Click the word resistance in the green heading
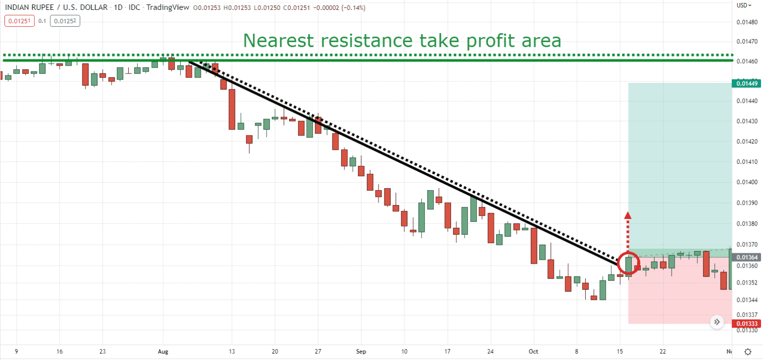tap(363, 40)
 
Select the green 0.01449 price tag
tap(747, 83)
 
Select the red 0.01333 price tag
tap(747, 324)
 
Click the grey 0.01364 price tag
tap(747, 257)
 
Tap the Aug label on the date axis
tap(163, 352)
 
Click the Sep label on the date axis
tap(361, 352)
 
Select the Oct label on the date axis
tap(534, 352)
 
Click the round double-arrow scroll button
tap(716, 322)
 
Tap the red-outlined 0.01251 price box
tap(19, 21)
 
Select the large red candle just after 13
tap(232, 109)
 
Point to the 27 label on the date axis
tap(318, 352)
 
